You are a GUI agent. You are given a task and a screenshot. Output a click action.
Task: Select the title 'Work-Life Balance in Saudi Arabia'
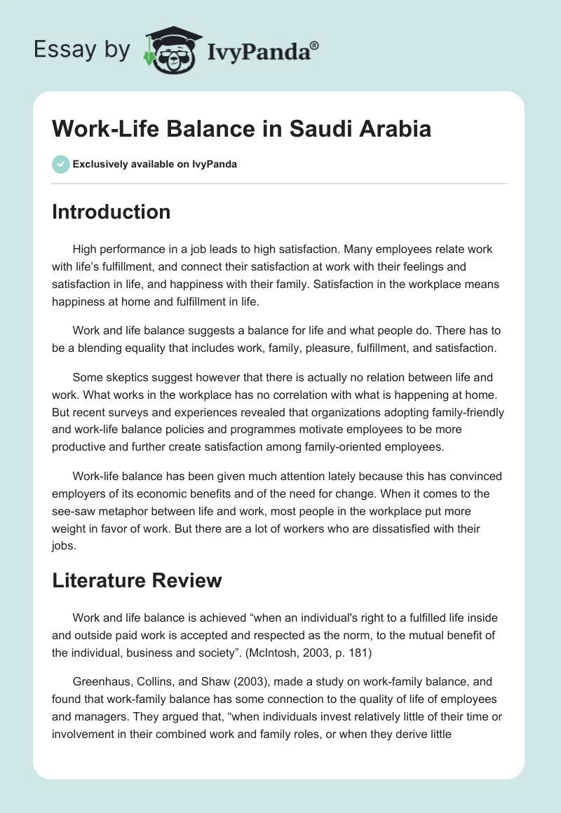pos(241,130)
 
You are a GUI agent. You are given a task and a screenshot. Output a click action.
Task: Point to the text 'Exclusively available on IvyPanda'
pos(154,164)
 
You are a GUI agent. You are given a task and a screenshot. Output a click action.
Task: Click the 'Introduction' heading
pos(111,212)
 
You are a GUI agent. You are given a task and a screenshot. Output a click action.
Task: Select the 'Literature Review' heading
pos(137,580)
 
